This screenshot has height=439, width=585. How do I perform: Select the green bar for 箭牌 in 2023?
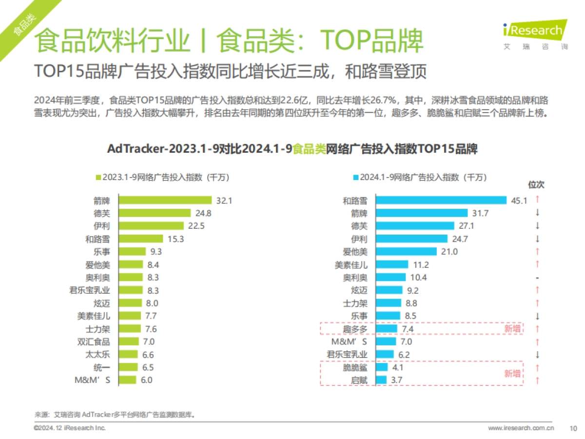pos(166,200)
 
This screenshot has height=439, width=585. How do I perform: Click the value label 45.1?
pos(519,200)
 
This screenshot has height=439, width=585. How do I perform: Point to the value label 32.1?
pos(223,200)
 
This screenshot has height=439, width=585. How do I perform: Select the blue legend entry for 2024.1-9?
pos(420,178)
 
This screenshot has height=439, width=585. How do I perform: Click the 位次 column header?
pos(536,185)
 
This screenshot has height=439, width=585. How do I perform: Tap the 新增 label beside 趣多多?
pos(512,329)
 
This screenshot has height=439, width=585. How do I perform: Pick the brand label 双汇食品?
pos(97,342)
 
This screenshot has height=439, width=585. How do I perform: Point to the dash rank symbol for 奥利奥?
pos(536,278)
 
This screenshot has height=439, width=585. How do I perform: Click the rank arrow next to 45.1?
pos(536,200)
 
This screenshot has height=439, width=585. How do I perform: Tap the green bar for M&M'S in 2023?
pos(128,380)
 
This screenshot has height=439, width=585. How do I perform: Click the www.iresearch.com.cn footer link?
pos(521,428)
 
